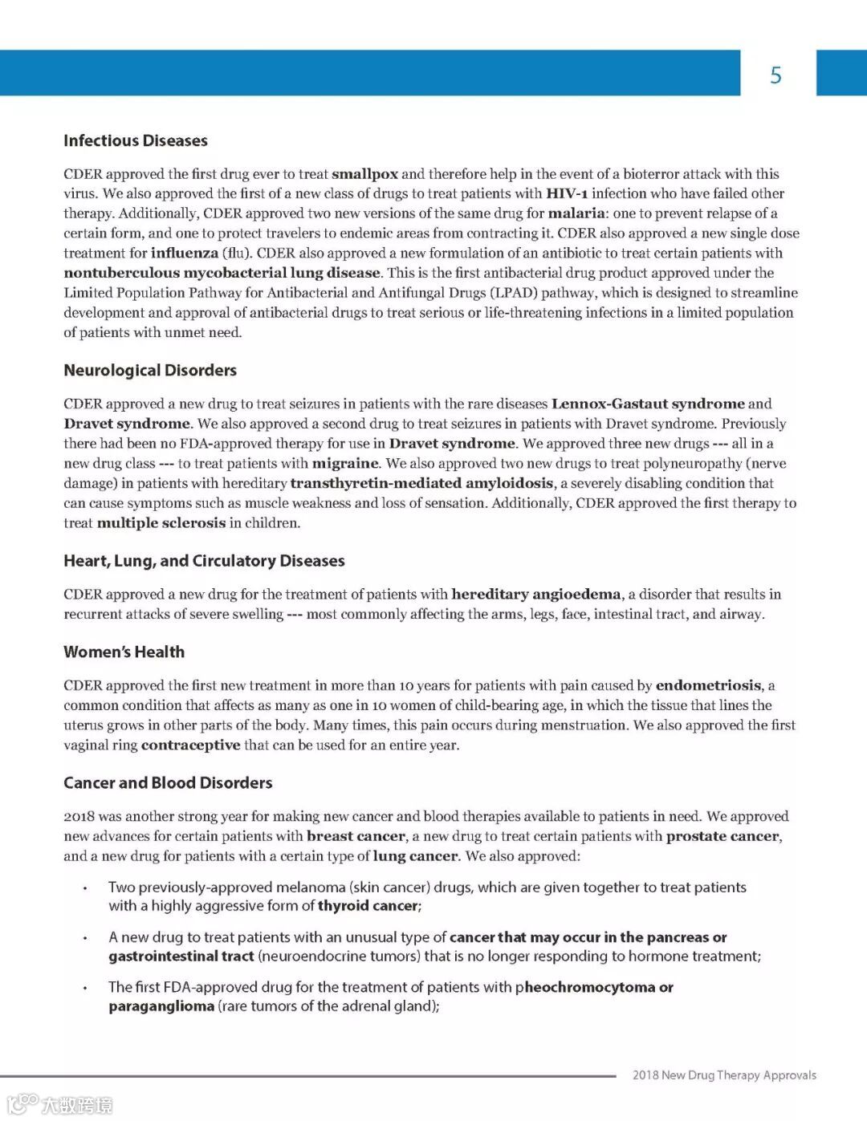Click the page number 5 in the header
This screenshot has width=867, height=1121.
pyautogui.click(x=775, y=75)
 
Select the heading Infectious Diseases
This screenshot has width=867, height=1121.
pyautogui.click(x=136, y=140)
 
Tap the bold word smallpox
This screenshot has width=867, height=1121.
pyautogui.click(x=364, y=174)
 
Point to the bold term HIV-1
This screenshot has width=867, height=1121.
pyautogui.click(x=567, y=193)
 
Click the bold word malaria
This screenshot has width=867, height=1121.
pyautogui.click(x=576, y=213)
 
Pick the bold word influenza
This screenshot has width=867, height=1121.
pyautogui.click(x=185, y=253)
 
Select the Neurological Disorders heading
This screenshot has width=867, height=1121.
pyautogui.click(x=150, y=370)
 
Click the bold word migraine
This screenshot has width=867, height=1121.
pyautogui.click(x=345, y=463)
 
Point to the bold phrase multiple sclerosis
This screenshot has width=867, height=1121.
pyautogui.click(x=161, y=523)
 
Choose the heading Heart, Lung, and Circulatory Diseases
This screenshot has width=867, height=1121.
pyautogui.click(x=204, y=561)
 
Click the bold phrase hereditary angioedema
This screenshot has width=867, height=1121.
pyautogui.click(x=535, y=595)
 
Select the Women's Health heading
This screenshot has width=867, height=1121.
pyautogui.click(x=124, y=652)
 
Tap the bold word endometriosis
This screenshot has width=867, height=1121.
pyautogui.click(x=708, y=685)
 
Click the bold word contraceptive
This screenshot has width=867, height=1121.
pyautogui.click(x=190, y=745)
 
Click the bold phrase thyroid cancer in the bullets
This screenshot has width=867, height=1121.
pyautogui.click(x=368, y=906)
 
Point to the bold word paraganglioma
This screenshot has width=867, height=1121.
pyautogui.click(x=161, y=1006)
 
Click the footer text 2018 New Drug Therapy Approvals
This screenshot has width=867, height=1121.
pyautogui.click(x=724, y=1075)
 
